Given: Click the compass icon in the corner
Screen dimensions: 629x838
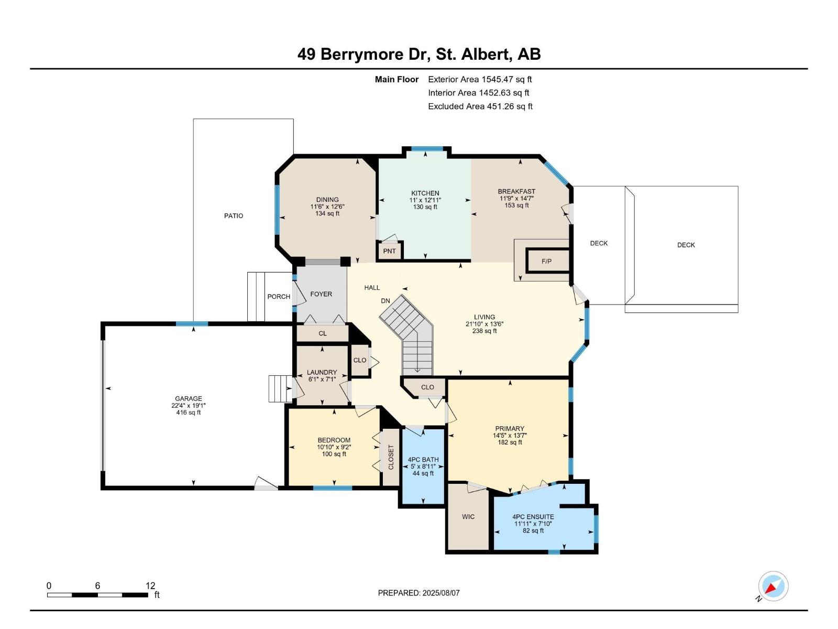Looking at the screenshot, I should [773, 586].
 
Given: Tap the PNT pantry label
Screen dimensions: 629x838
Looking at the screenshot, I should [389, 251].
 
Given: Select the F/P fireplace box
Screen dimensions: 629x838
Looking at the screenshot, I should [546, 261].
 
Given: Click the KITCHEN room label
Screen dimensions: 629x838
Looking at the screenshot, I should [425, 193].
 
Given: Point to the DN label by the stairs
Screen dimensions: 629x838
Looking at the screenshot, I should [385, 301].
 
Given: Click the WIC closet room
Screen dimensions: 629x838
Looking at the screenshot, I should [468, 517].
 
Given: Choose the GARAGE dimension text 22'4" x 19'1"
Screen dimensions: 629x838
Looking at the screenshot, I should [188, 406].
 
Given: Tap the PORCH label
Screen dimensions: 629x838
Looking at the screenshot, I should [279, 297].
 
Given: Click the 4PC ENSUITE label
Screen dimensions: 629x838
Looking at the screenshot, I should [533, 517].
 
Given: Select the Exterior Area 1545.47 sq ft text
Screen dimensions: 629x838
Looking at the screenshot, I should [480, 80].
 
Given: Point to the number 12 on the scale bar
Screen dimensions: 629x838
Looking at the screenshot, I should [150, 586].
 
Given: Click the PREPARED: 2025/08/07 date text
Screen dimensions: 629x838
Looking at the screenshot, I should [418, 593].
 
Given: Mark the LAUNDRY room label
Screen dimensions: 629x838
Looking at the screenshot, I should [322, 373].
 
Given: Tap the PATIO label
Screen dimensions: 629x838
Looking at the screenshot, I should [234, 216].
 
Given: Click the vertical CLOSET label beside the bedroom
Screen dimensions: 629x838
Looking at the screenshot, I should [391, 457].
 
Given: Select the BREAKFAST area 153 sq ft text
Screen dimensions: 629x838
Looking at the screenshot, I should [516, 205].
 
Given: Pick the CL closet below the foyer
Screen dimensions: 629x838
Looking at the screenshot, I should [323, 333].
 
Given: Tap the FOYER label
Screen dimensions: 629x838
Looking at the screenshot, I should [321, 294].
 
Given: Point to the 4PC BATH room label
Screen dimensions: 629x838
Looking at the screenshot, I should [423, 460].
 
